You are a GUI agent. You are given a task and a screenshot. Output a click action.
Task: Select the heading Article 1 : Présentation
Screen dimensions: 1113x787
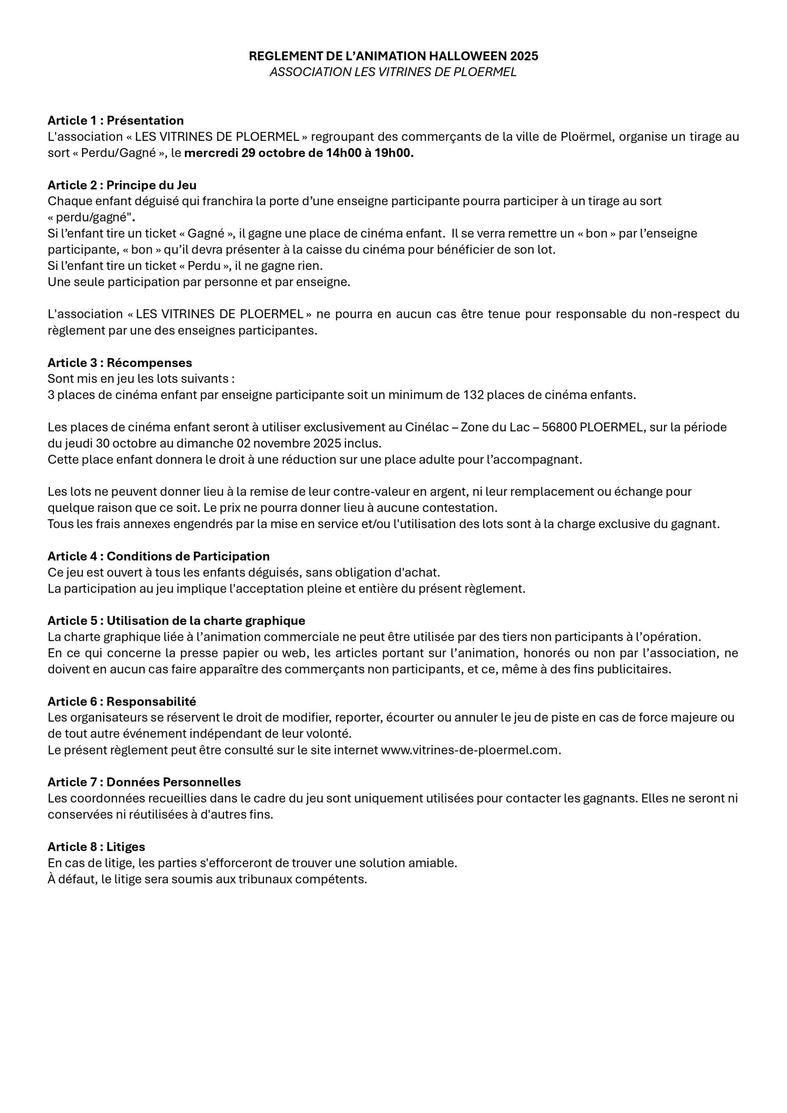115,120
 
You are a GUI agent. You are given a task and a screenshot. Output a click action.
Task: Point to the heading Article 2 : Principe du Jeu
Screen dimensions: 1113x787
122,185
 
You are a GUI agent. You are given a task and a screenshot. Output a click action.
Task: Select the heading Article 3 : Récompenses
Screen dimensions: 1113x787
120,363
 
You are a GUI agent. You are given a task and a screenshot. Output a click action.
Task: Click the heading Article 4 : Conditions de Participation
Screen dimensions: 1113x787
159,556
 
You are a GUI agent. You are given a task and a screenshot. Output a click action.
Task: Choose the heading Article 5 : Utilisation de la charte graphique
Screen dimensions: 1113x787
177,620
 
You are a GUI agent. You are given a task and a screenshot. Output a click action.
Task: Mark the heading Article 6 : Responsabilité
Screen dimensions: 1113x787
122,701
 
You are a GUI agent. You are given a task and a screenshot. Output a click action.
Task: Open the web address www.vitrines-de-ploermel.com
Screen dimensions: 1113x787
470,750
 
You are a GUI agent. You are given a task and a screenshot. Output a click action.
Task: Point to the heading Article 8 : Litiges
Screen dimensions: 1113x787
96,846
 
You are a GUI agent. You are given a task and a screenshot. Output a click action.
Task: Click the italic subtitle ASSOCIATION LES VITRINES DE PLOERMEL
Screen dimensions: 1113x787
393,72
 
